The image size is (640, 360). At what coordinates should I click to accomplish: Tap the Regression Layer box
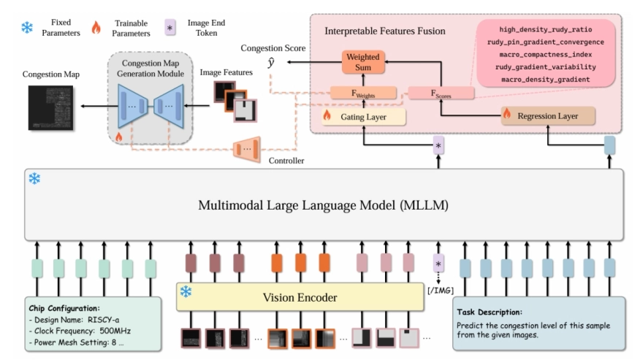(547, 115)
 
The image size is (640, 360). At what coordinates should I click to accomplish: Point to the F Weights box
(364, 92)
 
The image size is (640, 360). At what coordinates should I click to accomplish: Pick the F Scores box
(440, 93)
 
